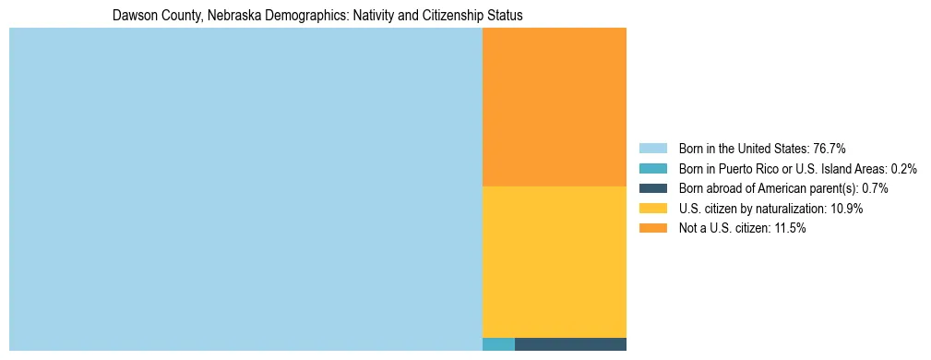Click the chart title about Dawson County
tap(317, 16)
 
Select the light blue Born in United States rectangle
tap(245, 189)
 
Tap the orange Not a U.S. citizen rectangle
tap(554, 107)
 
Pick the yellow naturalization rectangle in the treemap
tap(554, 262)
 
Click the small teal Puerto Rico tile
tap(498, 344)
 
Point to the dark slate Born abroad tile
tap(570, 344)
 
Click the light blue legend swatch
tap(652, 149)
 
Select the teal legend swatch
tap(652, 169)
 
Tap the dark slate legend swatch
tap(652, 188)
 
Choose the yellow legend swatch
tap(652, 209)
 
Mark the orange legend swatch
tap(652, 229)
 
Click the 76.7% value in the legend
tap(829, 149)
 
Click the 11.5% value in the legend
tap(789, 229)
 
